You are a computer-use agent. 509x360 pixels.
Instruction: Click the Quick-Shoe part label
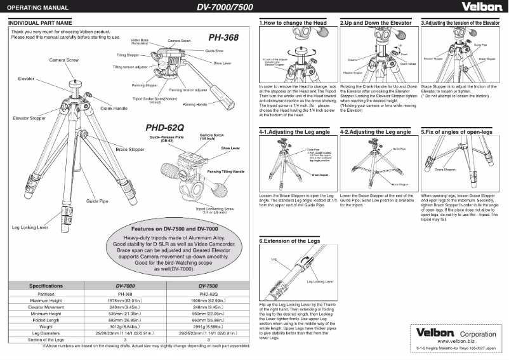[213, 50]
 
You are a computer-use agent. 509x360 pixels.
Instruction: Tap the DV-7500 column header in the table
[209, 286]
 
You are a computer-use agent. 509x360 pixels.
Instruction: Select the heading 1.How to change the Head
[293, 22]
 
